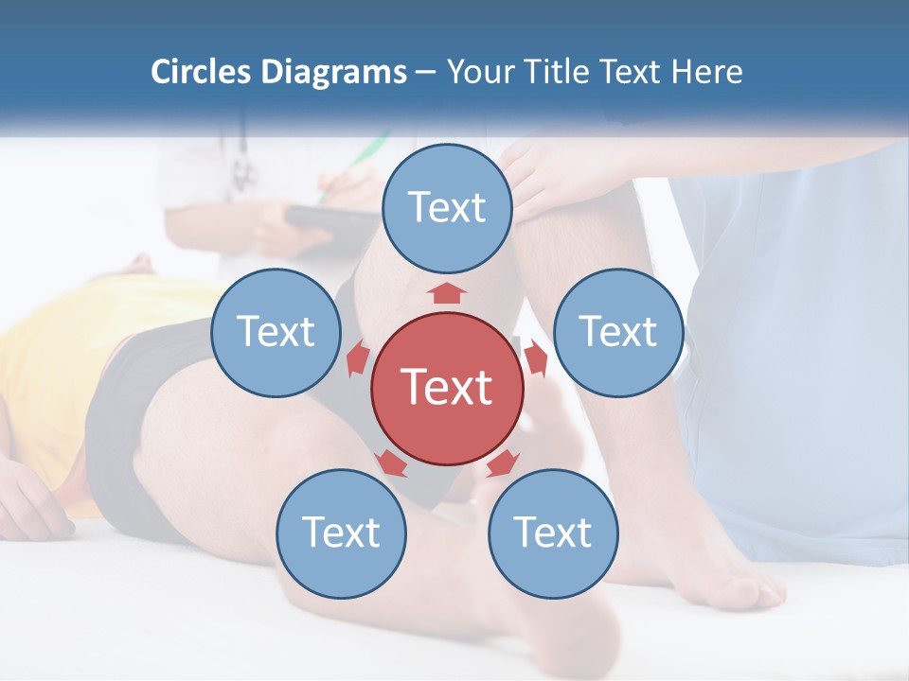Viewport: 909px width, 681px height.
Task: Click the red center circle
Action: pyautogui.click(x=447, y=388)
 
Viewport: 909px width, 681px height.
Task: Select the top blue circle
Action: pyautogui.click(x=447, y=208)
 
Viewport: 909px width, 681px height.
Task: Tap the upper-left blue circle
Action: pyautogui.click(x=276, y=332)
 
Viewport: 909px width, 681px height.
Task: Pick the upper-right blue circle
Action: pyautogui.click(x=618, y=332)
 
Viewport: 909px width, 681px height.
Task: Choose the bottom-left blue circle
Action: pyautogui.click(x=341, y=533)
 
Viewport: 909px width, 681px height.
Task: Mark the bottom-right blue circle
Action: pyautogui.click(x=553, y=533)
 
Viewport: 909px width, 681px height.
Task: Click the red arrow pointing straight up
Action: pyautogui.click(x=447, y=292)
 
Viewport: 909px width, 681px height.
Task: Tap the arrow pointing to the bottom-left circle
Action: pyautogui.click(x=390, y=463)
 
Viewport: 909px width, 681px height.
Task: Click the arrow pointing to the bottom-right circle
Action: pyautogui.click(x=502, y=463)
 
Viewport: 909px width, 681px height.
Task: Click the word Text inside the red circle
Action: pyautogui.click(x=447, y=388)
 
